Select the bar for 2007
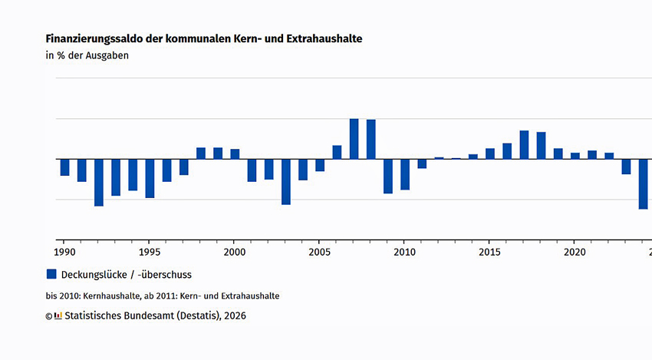(x=354, y=139)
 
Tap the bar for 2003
(x=286, y=182)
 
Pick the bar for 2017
(x=524, y=145)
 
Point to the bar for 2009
(x=388, y=177)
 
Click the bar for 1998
(x=201, y=154)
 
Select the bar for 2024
(x=643, y=184)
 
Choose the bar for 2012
(x=439, y=158)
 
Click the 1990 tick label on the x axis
(x=64, y=252)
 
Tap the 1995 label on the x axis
(x=150, y=252)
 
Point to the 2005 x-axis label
(x=319, y=252)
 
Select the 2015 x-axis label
(x=489, y=252)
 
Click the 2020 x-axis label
(x=575, y=252)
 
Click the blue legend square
(x=51, y=274)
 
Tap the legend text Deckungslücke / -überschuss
(x=127, y=274)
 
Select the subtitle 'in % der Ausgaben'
(x=87, y=55)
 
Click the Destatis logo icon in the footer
(x=58, y=315)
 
